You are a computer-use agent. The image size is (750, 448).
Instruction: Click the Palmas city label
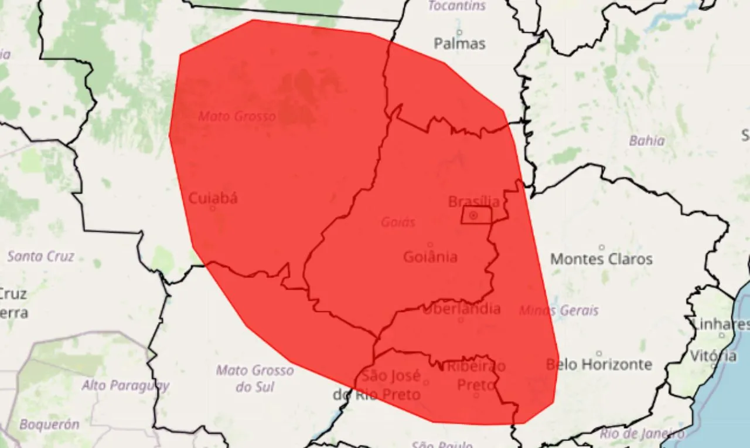(459, 43)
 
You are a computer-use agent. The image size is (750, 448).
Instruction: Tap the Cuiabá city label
(213, 198)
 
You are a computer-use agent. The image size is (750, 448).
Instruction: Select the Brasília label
(474, 202)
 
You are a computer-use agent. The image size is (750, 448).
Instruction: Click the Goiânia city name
(431, 256)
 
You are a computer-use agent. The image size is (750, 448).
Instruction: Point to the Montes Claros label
(601, 259)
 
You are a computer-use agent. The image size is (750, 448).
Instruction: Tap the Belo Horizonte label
(599, 364)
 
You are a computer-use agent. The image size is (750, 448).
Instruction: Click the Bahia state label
(647, 141)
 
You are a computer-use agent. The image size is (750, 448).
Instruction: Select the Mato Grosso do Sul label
(255, 378)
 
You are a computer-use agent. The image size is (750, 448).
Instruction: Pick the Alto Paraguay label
(125, 385)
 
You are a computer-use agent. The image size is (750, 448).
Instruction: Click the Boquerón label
(49, 424)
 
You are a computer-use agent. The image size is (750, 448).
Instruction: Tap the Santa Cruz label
(41, 256)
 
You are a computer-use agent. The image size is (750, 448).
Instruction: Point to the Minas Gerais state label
(559, 310)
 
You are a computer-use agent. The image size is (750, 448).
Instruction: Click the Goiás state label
(398, 222)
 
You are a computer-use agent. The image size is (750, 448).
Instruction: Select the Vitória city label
(713, 356)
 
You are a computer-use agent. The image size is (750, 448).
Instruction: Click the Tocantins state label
(457, 6)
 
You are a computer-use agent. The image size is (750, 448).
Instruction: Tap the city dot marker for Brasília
(473, 216)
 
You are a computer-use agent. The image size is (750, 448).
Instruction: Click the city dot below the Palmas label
(459, 32)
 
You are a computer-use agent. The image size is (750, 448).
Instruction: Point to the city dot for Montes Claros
(601, 247)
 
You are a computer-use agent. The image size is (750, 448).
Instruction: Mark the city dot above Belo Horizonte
(599, 353)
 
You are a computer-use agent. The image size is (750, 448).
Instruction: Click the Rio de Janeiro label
(642, 435)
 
